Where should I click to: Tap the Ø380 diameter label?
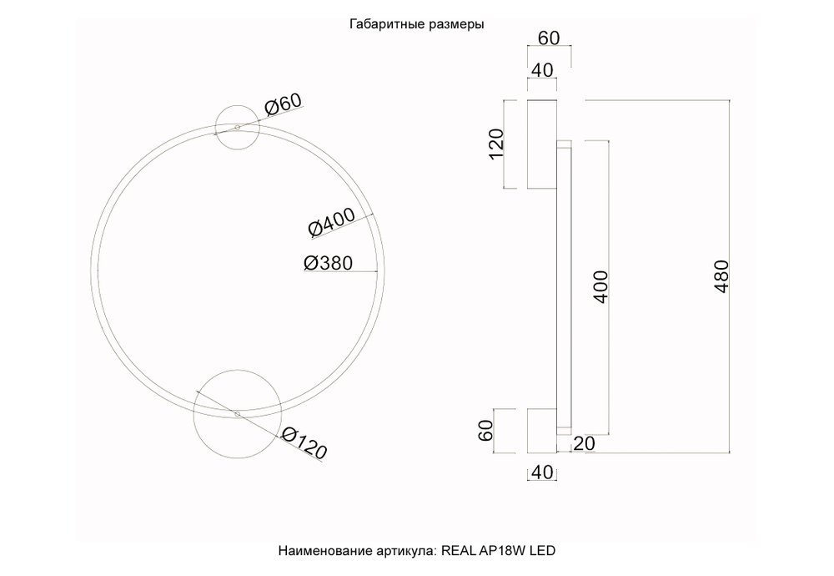(328, 262)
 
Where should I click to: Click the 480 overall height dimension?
(722, 276)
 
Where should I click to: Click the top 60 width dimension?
(548, 38)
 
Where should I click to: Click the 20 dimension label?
(583, 444)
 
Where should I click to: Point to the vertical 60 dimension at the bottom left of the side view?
(486, 432)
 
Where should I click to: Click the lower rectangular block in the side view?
(541, 431)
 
